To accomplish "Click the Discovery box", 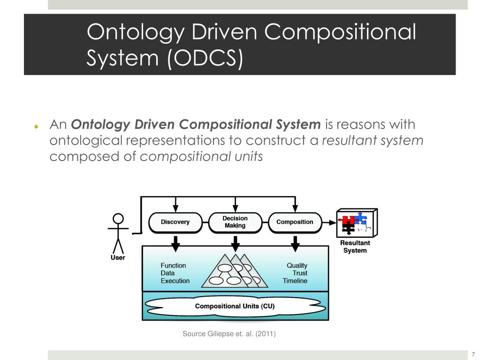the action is tap(175, 222).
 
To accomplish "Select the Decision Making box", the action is tap(235, 222).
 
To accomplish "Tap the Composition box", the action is tap(295, 222).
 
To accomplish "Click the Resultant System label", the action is tap(355, 247).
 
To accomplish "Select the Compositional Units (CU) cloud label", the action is tap(235, 306).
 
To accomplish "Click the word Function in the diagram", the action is tap(173, 266).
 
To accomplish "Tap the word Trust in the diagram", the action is tap(300, 273).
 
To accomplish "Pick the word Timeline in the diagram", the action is tap(295, 281).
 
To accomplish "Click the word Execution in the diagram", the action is tap(175, 281).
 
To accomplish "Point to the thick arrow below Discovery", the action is tap(175, 243).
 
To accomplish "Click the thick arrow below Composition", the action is tap(295, 243).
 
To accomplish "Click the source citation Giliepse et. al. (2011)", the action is tap(229, 334).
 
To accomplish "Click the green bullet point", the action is tap(36, 127).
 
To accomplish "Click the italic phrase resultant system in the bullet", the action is tap(372, 141).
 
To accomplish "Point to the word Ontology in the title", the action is tap(133, 33).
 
